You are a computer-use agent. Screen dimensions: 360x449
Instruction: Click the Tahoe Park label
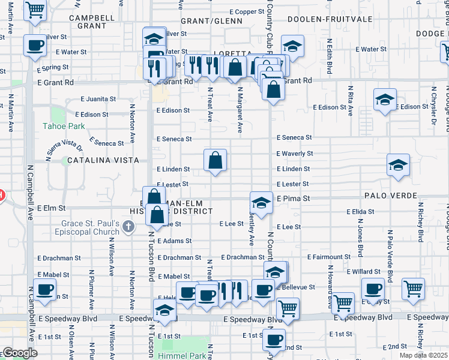[x=64, y=126]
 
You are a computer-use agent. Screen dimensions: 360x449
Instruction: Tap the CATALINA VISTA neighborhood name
[x=103, y=160]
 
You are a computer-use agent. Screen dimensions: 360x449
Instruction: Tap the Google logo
[x=20, y=353]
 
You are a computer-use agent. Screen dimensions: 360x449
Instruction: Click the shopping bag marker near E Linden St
[x=215, y=161]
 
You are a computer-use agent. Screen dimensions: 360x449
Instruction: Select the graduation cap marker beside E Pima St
[x=261, y=203]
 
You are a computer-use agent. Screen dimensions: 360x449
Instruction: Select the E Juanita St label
[x=97, y=98]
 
